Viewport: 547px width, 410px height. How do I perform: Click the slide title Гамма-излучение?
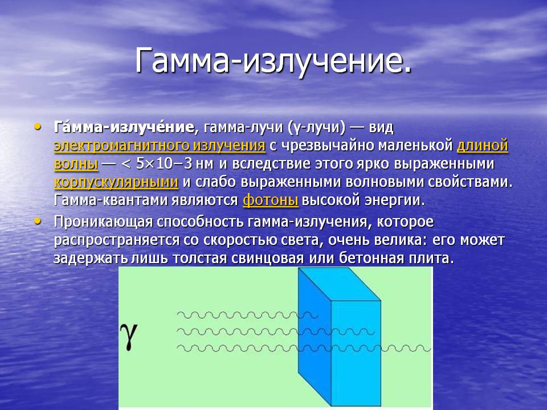[273, 60]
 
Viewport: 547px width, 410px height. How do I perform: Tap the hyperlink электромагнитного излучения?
[160, 146]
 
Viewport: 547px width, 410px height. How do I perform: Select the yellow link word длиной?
[483, 146]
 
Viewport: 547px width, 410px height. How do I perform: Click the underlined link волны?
[76, 164]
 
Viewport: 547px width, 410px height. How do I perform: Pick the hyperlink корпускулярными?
[116, 182]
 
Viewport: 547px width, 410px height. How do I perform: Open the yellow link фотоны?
[270, 200]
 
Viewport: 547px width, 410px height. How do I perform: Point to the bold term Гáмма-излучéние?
[124, 127]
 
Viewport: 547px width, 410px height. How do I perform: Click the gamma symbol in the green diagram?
[129, 336]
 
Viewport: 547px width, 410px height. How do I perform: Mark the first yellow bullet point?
[38, 126]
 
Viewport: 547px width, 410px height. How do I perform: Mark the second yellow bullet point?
[38, 221]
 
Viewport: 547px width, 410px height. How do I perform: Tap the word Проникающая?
[103, 222]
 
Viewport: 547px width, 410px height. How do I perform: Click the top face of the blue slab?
[339, 284]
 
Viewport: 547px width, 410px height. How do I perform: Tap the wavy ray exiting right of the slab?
[406, 348]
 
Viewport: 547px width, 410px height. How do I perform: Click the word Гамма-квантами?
[111, 200]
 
